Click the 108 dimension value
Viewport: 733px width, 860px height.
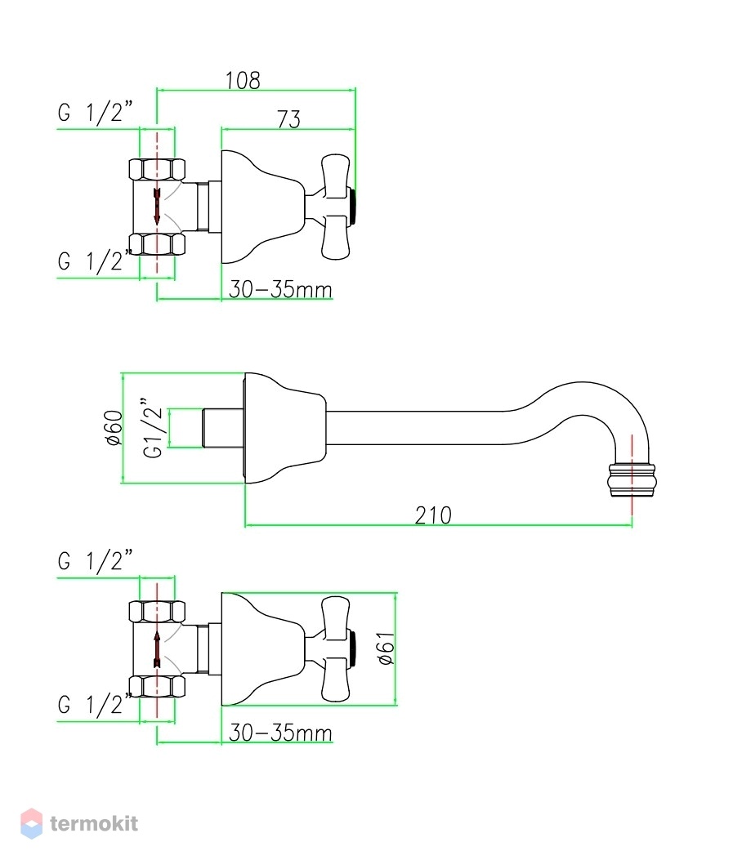pyautogui.click(x=243, y=81)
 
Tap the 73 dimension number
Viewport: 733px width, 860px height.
pyautogui.click(x=289, y=119)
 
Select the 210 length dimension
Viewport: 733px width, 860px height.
pyautogui.click(x=433, y=515)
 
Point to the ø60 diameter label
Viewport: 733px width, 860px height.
pyautogui.click(x=114, y=427)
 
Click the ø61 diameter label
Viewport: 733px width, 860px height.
pyautogui.click(x=387, y=648)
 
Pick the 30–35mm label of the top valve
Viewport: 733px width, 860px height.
pyautogui.click(x=280, y=289)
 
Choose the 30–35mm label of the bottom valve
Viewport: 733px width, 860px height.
pyautogui.click(x=280, y=733)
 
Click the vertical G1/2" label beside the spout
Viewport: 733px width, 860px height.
pyautogui.click(x=153, y=428)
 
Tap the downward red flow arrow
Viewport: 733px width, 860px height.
pyautogui.click(x=157, y=207)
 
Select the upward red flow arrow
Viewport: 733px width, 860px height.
pyautogui.click(x=157, y=648)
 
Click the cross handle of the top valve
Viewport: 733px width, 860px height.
pyautogui.click(x=335, y=207)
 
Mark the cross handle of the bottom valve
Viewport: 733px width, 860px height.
pyautogui.click(x=335, y=649)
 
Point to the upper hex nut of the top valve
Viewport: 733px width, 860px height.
pyautogui.click(x=157, y=170)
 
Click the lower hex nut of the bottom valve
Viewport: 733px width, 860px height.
pyautogui.click(x=157, y=687)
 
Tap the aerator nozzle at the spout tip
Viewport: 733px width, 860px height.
pyautogui.click(x=632, y=480)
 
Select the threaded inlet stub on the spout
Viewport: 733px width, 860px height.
pyautogui.click(x=223, y=428)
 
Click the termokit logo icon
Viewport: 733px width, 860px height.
pyautogui.click(x=31, y=823)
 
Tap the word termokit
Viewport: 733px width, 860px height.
pyautogui.click(x=94, y=823)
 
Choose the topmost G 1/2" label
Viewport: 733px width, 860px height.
pyautogui.click(x=96, y=113)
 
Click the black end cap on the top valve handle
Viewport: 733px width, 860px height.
pyautogui.click(x=354, y=207)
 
